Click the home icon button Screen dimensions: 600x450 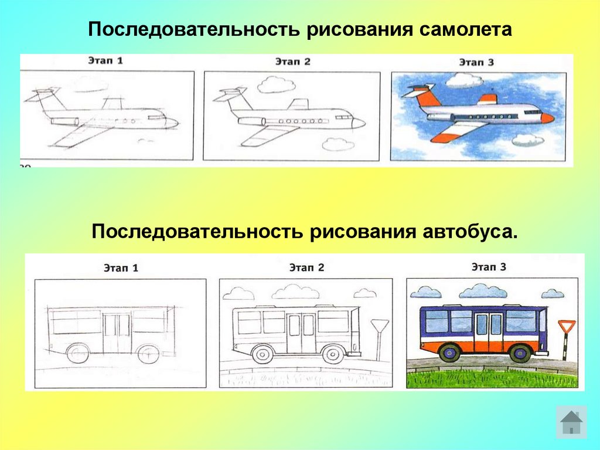click(x=571, y=421)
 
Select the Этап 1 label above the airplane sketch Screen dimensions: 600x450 click(x=105, y=60)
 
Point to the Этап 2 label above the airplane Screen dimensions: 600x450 click(x=292, y=61)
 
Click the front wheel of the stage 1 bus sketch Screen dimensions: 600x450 click(x=146, y=353)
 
